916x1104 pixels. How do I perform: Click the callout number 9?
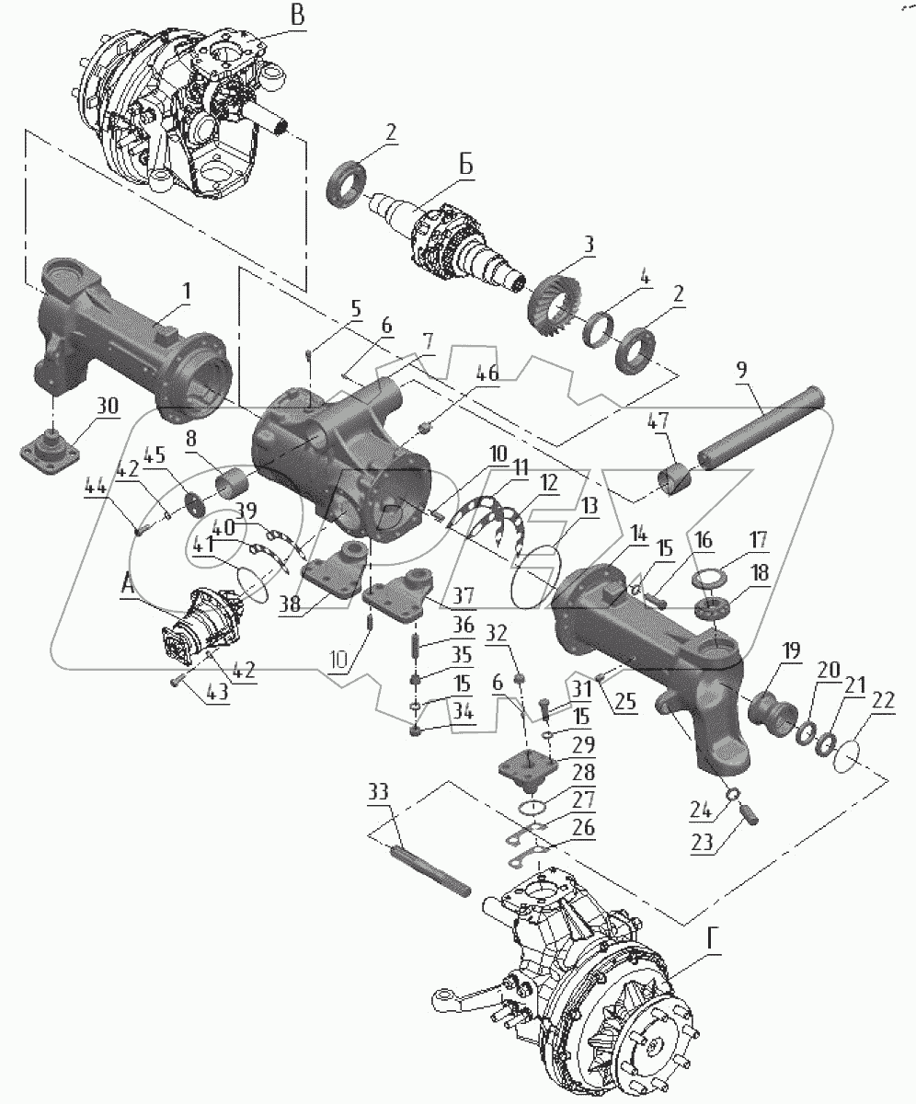[x=741, y=370]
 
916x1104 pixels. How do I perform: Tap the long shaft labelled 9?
[x=761, y=428]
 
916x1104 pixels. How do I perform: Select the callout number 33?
[x=379, y=806]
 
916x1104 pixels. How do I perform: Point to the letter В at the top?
[x=298, y=16]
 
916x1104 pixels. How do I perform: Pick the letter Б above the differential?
[x=465, y=166]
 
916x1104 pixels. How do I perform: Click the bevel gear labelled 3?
[x=555, y=304]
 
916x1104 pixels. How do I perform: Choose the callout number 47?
[x=658, y=421]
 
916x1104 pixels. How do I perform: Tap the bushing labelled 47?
[x=674, y=479]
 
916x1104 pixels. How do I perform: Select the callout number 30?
[x=107, y=406]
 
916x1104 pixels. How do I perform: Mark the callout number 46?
[x=487, y=373]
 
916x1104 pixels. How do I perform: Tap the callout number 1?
[x=186, y=292]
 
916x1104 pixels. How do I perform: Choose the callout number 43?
[x=217, y=691]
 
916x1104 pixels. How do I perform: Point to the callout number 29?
[x=583, y=744]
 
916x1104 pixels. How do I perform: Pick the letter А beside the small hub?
[x=128, y=584]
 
